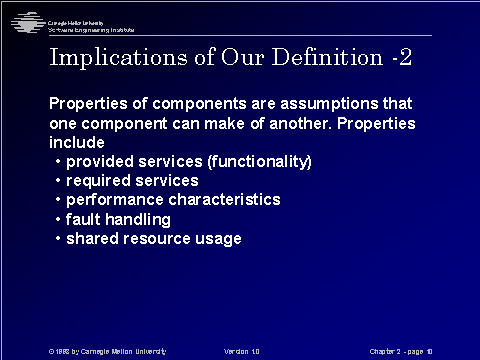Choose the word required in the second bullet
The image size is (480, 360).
click(96, 181)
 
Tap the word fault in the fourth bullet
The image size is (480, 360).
click(83, 219)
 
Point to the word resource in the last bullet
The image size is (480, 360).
click(157, 238)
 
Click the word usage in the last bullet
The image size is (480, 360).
click(220, 238)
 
